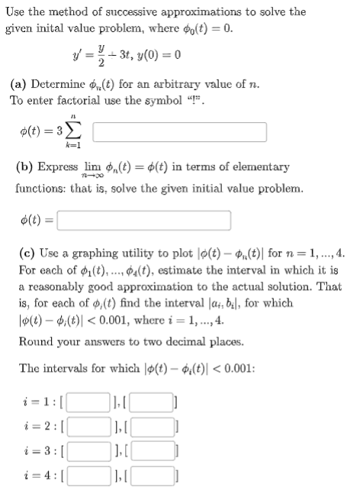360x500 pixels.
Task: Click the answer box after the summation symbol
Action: point(179,131)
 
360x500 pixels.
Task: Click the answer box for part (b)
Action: point(143,221)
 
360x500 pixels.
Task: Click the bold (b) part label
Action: point(24,166)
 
